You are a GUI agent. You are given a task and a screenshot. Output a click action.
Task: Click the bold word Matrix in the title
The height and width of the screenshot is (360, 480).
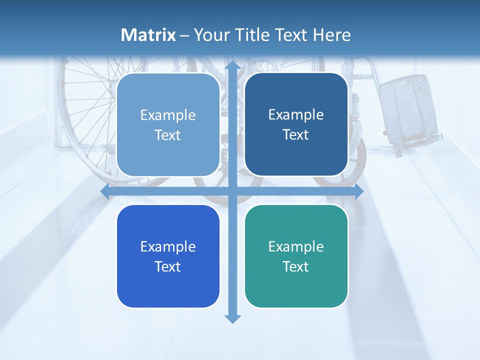(x=148, y=35)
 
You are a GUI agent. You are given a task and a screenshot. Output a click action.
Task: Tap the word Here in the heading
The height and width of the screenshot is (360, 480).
(x=331, y=35)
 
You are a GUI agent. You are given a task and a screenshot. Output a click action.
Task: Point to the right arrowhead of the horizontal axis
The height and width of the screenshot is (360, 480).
(x=358, y=191)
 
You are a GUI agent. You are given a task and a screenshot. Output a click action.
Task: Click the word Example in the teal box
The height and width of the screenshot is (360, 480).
(x=296, y=246)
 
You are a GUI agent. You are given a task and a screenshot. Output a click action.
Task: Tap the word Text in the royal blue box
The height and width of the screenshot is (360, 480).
(x=168, y=266)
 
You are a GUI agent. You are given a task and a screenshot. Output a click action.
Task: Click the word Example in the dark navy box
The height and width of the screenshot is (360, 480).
(x=296, y=114)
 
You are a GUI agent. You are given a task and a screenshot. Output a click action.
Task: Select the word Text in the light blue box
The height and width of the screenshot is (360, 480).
(x=168, y=135)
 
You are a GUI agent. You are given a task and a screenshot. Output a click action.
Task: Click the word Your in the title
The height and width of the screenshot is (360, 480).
(x=210, y=35)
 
